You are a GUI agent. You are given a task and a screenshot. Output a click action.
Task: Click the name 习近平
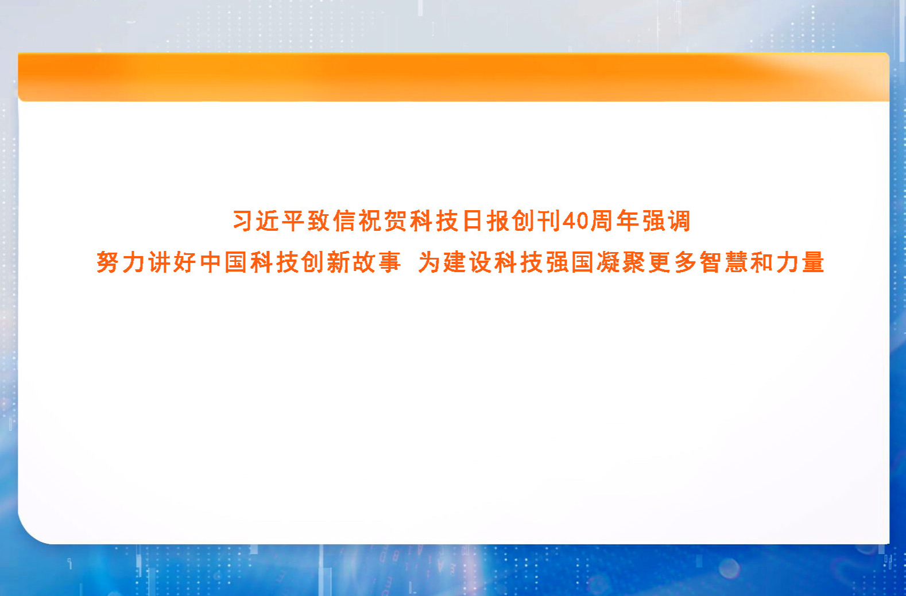[x=269, y=221]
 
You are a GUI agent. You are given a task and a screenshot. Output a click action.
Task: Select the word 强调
[x=666, y=221]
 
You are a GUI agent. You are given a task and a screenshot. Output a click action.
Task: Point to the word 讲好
[x=172, y=262]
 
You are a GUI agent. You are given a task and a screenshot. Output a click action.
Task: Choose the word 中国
[x=223, y=262]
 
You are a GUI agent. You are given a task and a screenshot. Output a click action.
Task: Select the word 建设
[x=467, y=262]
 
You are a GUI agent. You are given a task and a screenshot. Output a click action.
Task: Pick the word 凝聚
[x=622, y=262]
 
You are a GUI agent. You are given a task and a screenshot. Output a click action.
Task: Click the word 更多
[x=673, y=262]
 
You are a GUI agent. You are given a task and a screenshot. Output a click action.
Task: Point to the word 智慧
[x=723, y=262]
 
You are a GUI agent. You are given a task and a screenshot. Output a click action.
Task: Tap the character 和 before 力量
[x=761, y=262]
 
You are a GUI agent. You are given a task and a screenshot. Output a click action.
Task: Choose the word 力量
[x=800, y=262]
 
